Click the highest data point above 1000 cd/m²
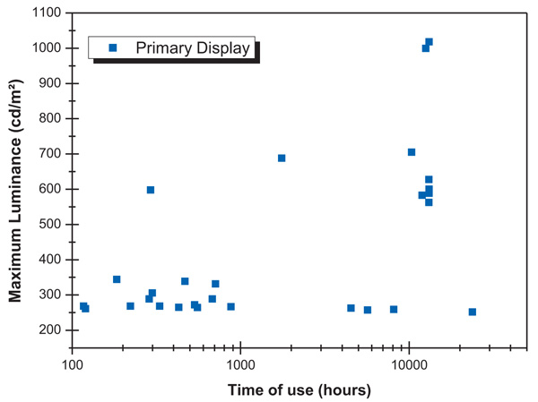[x=429, y=42]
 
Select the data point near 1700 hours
[x=282, y=158]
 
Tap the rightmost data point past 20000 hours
[x=473, y=312]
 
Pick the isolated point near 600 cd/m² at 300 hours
[x=151, y=190]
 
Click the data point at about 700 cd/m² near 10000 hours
[x=412, y=152]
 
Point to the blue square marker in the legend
[x=111, y=48]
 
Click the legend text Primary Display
[x=193, y=48]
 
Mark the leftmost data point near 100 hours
[x=83, y=306]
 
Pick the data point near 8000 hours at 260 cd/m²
[x=394, y=310]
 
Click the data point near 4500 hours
[x=351, y=308]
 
